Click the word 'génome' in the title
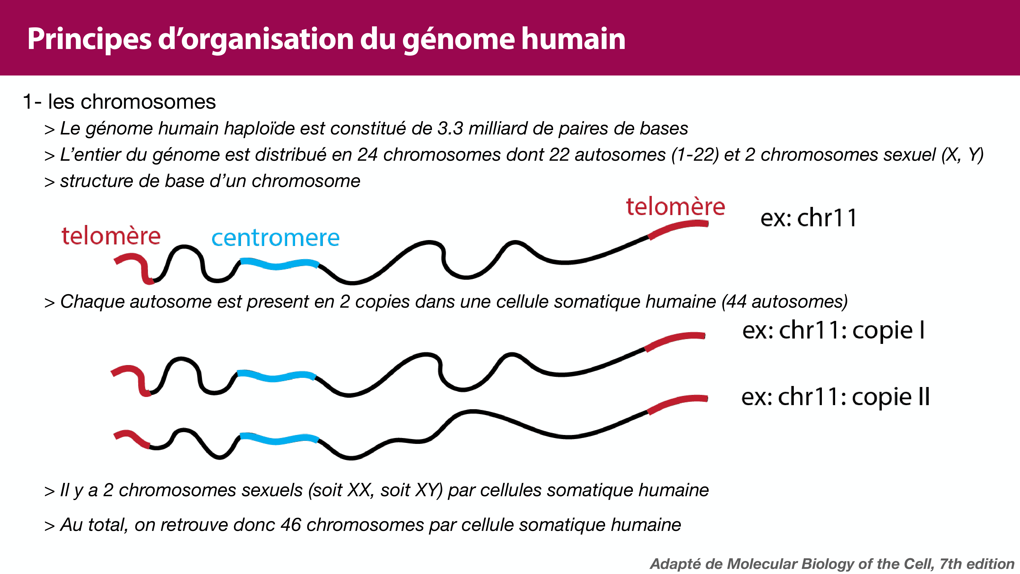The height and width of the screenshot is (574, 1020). click(x=457, y=40)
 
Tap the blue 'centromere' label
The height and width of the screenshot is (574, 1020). click(x=276, y=238)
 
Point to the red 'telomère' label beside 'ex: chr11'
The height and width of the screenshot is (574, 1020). click(x=675, y=207)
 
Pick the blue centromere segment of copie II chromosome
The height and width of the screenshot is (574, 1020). click(x=279, y=439)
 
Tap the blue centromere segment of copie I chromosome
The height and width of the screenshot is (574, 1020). click(x=276, y=376)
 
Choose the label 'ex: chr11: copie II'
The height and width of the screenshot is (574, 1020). click(x=835, y=397)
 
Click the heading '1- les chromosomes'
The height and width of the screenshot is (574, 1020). click(x=119, y=102)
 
